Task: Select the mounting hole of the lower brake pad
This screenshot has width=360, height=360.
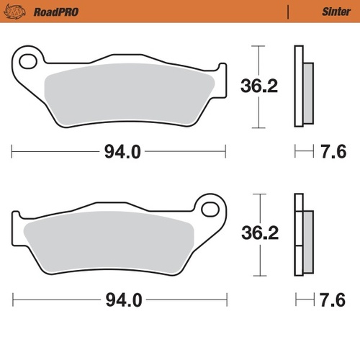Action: (211, 209)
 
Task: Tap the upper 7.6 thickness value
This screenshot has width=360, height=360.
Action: (332, 152)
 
